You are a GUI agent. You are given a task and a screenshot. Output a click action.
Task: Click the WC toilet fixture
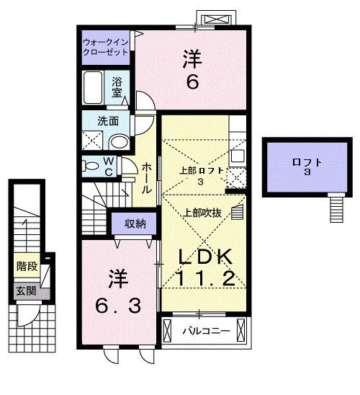pyautogui.click(x=91, y=166)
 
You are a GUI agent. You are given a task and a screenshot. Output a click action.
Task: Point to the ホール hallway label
pyautogui.click(x=146, y=178)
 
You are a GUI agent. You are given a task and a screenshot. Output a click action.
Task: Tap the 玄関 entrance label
pyautogui.click(x=27, y=290)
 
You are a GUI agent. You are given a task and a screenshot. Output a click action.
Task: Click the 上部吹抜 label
pyautogui.click(x=204, y=213)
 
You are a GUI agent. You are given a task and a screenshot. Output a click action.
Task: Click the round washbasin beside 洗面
pyautogui.click(x=122, y=141)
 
